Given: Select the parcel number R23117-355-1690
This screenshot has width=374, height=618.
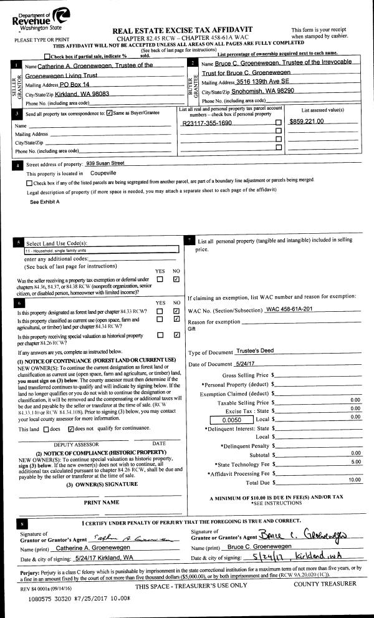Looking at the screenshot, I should click(207, 123).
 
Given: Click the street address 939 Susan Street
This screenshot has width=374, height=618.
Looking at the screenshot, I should click(106, 163).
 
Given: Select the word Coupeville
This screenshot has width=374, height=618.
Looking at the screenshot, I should click(105, 173).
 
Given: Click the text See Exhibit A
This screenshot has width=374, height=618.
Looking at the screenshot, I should click(45, 202).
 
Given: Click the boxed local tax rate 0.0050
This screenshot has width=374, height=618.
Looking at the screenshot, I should click(222, 420).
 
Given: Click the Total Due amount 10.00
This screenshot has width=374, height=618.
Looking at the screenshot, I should click(354, 480).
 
